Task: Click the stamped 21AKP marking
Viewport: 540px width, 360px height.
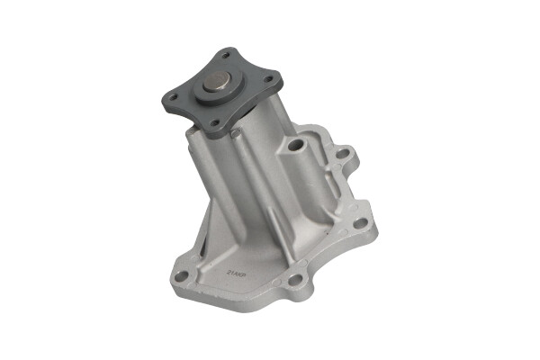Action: (237, 267)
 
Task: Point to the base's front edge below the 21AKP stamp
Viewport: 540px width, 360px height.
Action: (238, 297)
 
